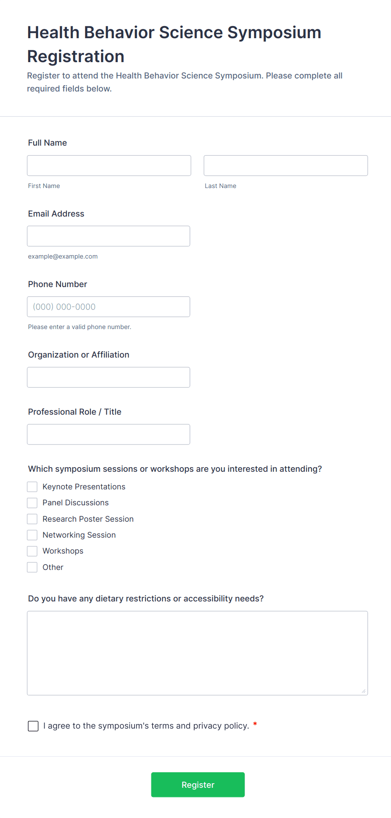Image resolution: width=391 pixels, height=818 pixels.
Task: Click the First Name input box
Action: pyautogui.click(x=109, y=165)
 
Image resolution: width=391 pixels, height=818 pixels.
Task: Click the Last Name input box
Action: pyautogui.click(x=285, y=165)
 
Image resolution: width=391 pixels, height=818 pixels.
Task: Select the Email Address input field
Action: pyautogui.click(x=108, y=236)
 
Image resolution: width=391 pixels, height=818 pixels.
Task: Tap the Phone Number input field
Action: pyautogui.click(x=108, y=306)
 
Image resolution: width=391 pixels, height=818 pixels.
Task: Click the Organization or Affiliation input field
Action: pyautogui.click(x=108, y=377)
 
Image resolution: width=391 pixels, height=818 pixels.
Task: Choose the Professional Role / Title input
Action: pyautogui.click(x=108, y=434)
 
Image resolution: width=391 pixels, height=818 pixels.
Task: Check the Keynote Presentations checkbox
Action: pyautogui.click(x=32, y=487)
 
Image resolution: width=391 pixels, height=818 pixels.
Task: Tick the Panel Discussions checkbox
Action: pyautogui.click(x=32, y=503)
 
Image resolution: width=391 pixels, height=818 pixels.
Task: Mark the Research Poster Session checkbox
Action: pyautogui.click(x=32, y=519)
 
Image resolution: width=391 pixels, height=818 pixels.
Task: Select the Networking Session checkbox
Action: pyautogui.click(x=32, y=535)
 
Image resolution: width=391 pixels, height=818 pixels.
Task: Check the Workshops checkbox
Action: pyautogui.click(x=32, y=551)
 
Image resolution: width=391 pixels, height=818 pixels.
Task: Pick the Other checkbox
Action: pyautogui.click(x=32, y=567)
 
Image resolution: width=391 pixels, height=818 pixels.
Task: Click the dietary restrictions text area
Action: pyautogui.click(x=197, y=653)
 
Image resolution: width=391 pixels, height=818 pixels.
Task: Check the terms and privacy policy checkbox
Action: pyautogui.click(x=33, y=726)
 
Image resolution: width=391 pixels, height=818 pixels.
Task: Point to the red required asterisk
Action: pyautogui.click(x=255, y=724)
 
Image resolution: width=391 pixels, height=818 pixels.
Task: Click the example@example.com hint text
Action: pyautogui.click(x=63, y=256)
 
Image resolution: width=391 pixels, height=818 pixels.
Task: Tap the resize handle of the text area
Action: pyautogui.click(x=364, y=691)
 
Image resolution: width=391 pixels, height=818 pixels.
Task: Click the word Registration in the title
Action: pyautogui.click(x=76, y=57)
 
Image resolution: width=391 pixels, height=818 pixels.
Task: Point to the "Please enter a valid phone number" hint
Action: pyautogui.click(x=79, y=327)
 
